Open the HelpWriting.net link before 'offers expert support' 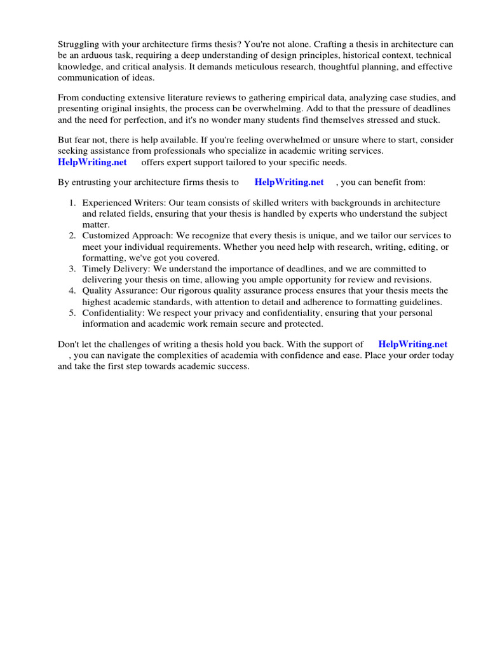point(92,162)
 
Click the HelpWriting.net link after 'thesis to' point(289,182)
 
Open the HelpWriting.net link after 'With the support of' point(413,345)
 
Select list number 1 point(73,203)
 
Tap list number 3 point(73,269)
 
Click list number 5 point(73,313)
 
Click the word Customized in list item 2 point(105,236)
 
